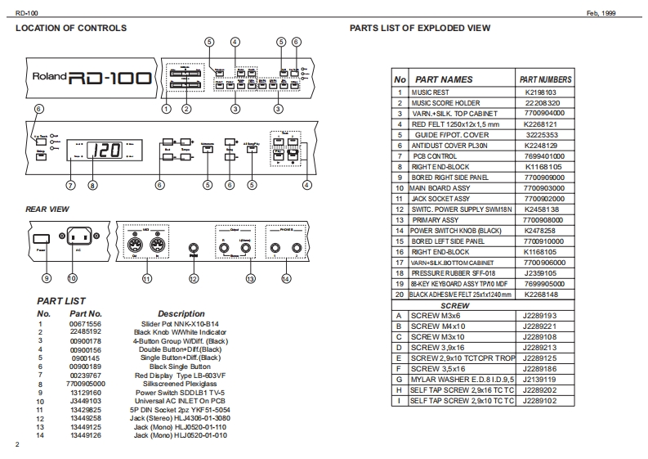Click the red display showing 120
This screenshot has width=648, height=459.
coord(107,152)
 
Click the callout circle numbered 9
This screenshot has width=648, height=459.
coord(47,278)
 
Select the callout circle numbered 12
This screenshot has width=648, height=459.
coord(194,278)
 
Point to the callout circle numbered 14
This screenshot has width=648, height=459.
coord(286,278)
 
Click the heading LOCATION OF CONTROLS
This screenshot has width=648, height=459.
coord(72,28)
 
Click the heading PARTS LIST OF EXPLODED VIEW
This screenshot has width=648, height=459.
coord(420,28)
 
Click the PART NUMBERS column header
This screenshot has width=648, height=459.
coord(545,79)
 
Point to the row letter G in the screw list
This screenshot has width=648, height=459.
coord(399,379)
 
